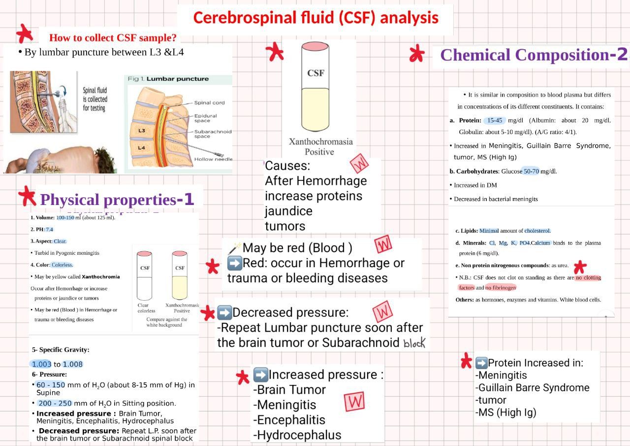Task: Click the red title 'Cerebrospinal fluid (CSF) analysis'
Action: [315, 18]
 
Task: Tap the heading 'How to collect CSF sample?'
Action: [113, 38]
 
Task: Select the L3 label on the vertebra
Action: [142, 131]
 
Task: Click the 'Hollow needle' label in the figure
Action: [213, 159]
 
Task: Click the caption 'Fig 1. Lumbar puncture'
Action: [168, 79]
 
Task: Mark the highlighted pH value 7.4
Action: [49, 229]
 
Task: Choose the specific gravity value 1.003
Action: [41, 364]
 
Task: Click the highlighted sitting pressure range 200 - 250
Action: [55, 403]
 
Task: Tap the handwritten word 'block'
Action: [414, 343]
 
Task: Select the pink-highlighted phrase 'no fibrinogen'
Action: [501, 287]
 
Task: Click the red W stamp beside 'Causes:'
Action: [359, 163]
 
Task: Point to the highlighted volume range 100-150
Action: [65, 217]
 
